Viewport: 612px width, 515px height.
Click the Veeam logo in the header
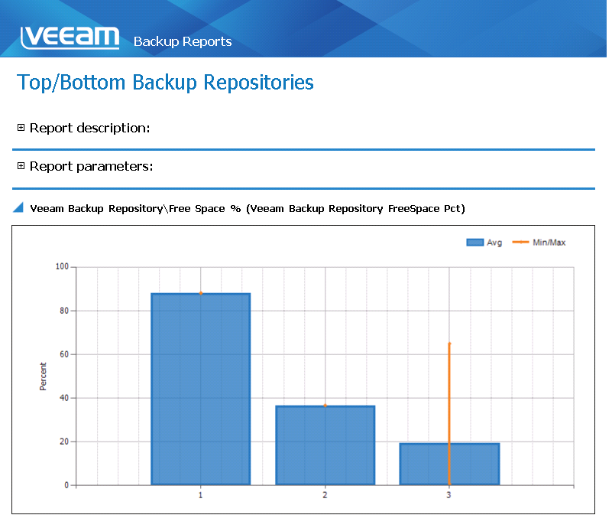pyautogui.click(x=70, y=37)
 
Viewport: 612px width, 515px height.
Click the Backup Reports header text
pyautogui.click(x=183, y=41)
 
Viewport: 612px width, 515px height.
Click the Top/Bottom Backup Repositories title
pyautogui.click(x=165, y=83)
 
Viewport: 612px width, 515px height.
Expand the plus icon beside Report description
pyautogui.click(x=21, y=128)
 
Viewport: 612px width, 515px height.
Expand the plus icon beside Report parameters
pyautogui.click(x=21, y=166)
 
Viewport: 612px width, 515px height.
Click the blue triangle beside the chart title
pyautogui.click(x=18, y=207)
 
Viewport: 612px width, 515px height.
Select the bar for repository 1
pyautogui.click(x=201, y=389)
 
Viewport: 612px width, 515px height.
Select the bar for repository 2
pyautogui.click(x=325, y=445)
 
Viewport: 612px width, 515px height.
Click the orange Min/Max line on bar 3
pyautogui.click(x=449, y=414)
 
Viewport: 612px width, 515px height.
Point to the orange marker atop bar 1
pyautogui.click(x=201, y=293)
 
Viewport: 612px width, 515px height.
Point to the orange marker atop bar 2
pyautogui.click(x=325, y=406)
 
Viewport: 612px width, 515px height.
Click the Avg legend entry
pyautogui.click(x=484, y=243)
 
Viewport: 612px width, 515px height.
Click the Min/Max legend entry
pyautogui.click(x=539, y=243)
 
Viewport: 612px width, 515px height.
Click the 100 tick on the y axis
pyautogui.click(x=62, y=267)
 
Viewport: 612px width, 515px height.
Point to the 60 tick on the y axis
pyautogui.click(x=64, y=354)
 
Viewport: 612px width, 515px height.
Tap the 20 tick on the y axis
pyautogui.click(x=64, y=442)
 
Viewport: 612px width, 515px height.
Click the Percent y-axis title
pyautogui.click(x=43, y=376)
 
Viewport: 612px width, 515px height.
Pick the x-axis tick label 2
pyautogui.click(x=325, y=495)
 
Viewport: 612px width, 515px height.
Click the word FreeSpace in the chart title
pyautogui.click(x=413, y=209)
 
